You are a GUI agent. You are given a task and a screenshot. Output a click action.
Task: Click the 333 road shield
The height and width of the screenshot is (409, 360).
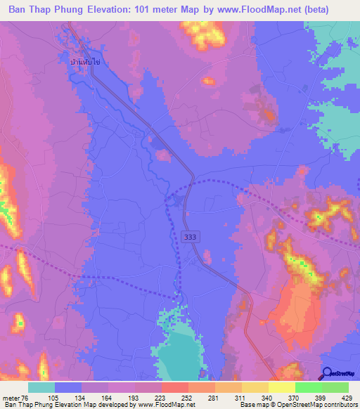190,238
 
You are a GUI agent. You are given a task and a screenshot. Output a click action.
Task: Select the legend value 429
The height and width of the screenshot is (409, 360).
346,398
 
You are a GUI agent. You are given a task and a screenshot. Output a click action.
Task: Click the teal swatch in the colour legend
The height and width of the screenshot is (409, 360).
41,387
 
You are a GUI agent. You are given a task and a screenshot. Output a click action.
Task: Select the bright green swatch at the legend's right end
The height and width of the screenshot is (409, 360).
335,387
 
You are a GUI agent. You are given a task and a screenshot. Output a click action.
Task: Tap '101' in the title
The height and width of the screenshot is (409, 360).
172,9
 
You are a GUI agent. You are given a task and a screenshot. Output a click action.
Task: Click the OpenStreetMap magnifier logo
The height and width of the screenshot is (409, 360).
328,373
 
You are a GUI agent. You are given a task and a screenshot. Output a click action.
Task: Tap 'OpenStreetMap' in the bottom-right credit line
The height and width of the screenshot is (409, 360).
320,405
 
